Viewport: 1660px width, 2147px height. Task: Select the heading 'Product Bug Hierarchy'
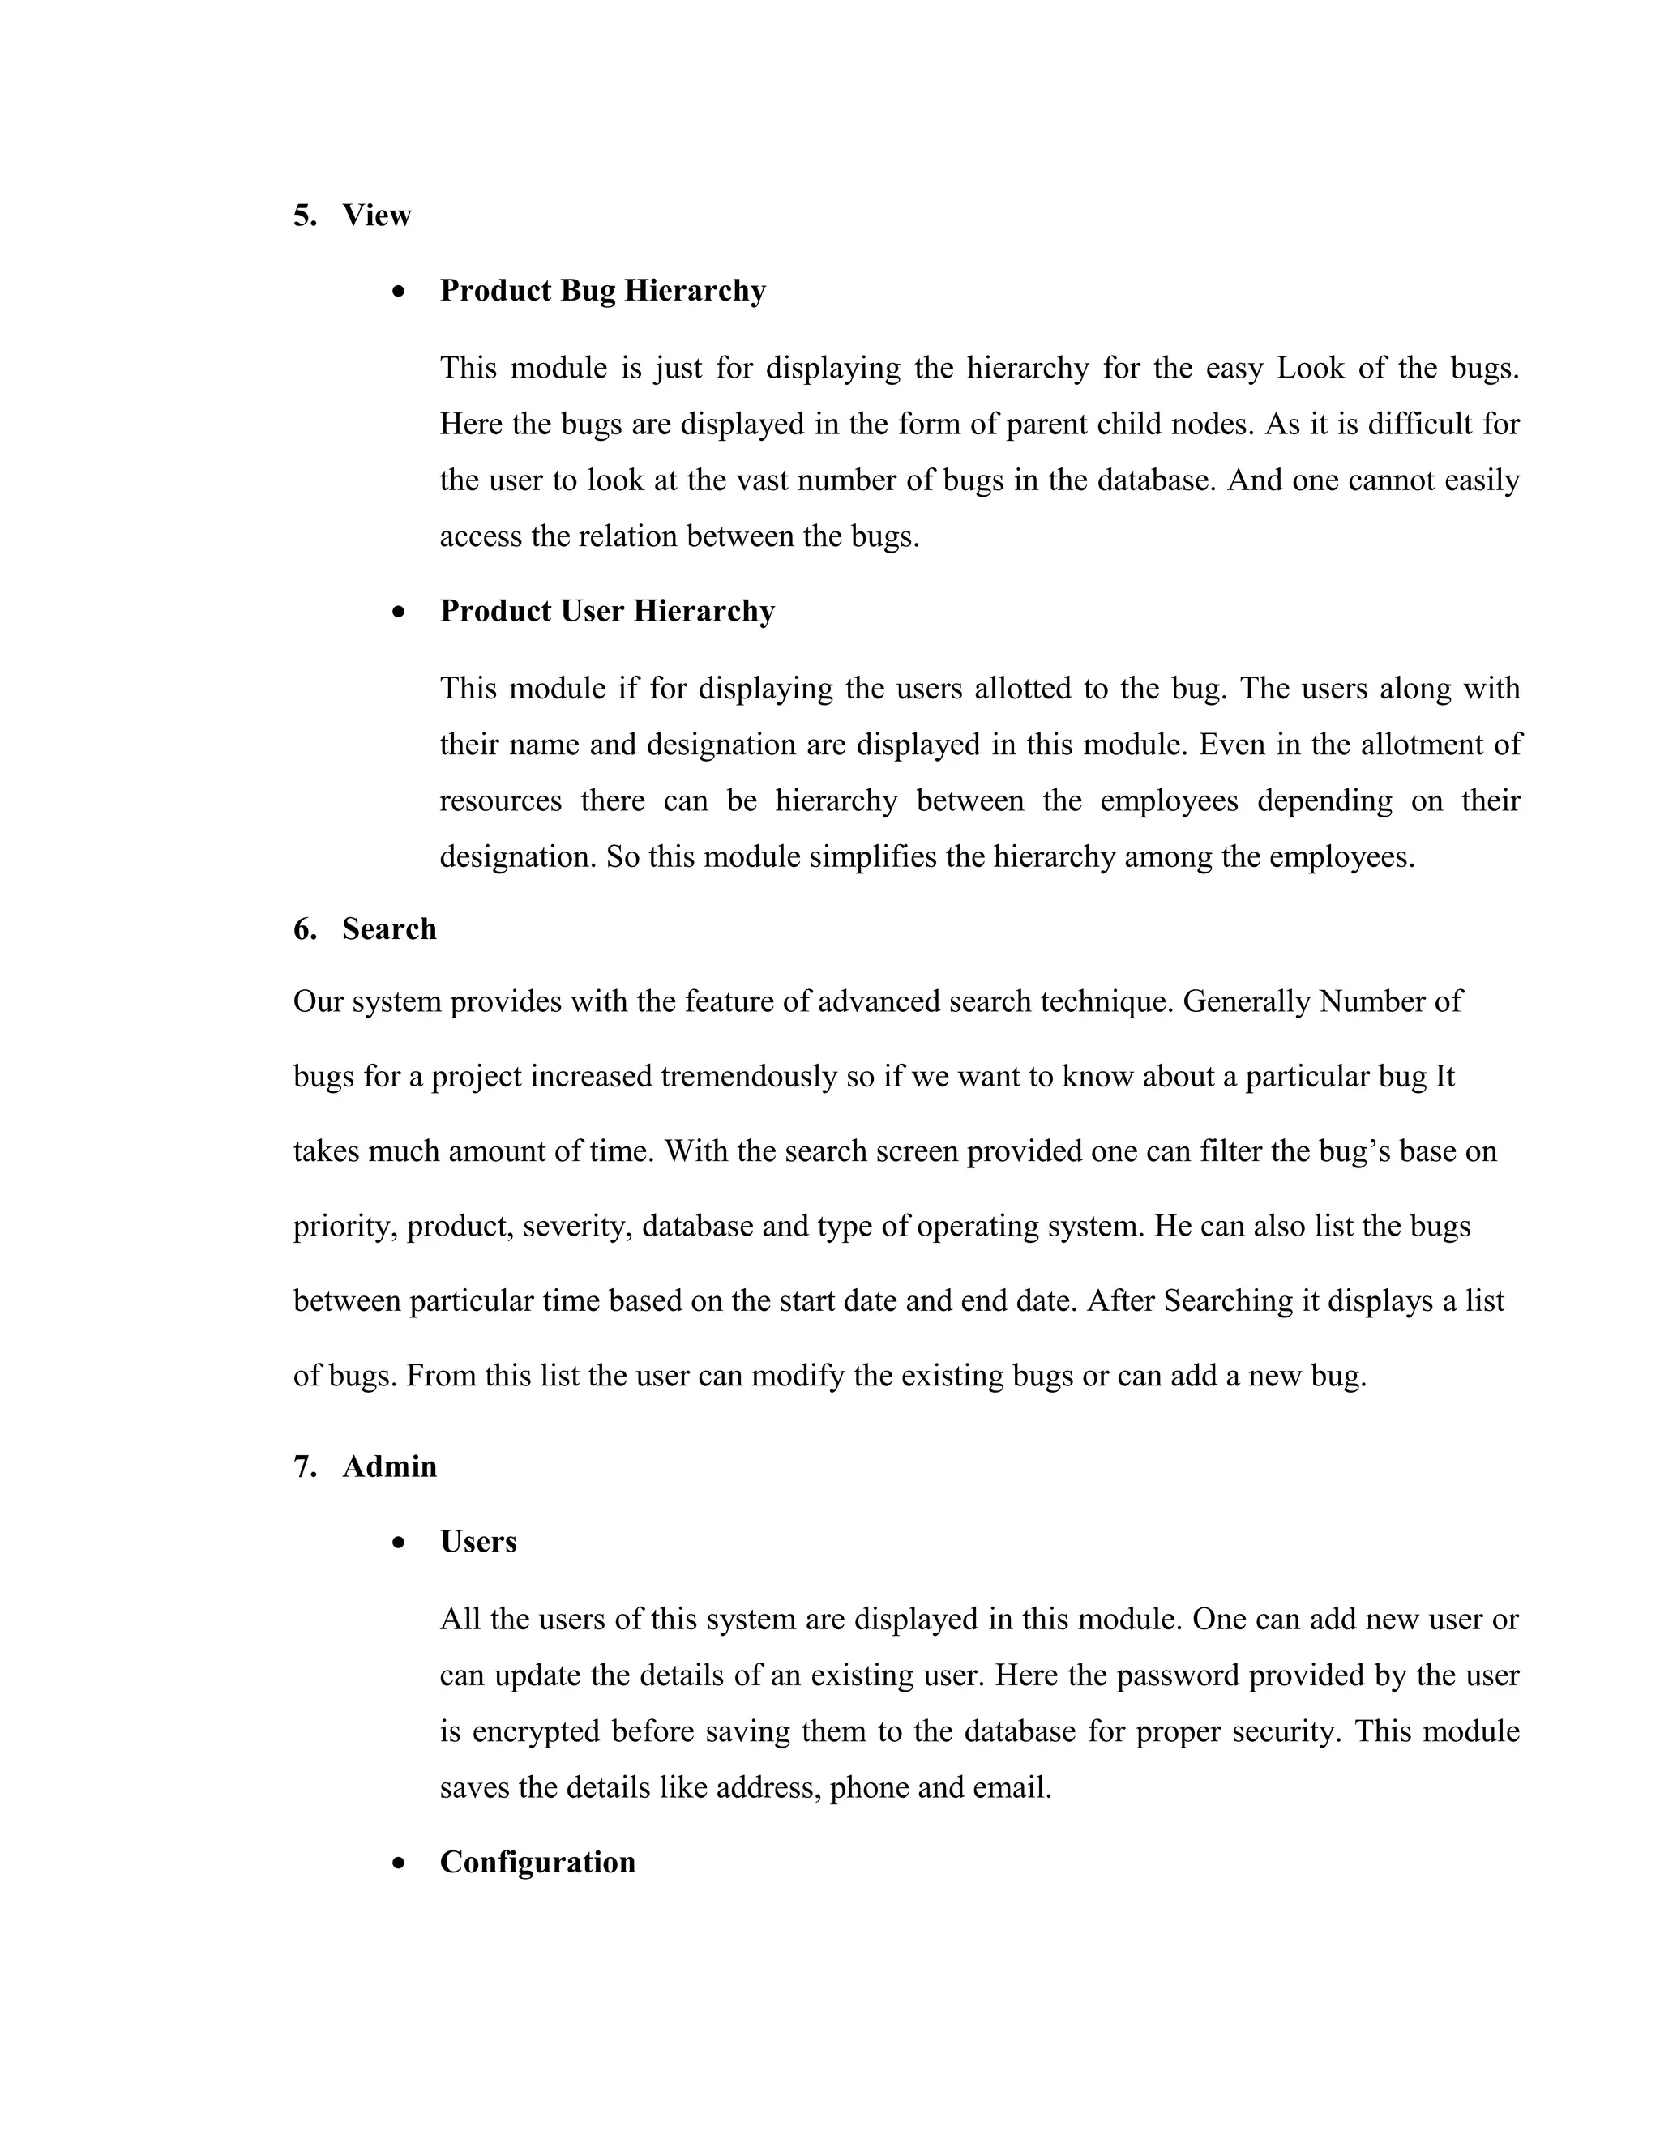(602, 291)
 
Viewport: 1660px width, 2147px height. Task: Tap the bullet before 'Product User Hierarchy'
(398, 613)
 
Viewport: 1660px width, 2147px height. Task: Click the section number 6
(304, 929)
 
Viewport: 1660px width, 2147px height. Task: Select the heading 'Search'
(388, 929)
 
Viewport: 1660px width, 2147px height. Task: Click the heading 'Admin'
(388, 1466)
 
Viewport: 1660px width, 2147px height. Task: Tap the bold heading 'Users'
(478, 1542)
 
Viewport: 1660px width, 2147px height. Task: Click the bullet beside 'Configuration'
(398, 1863)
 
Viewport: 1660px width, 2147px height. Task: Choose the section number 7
(304, 1466)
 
